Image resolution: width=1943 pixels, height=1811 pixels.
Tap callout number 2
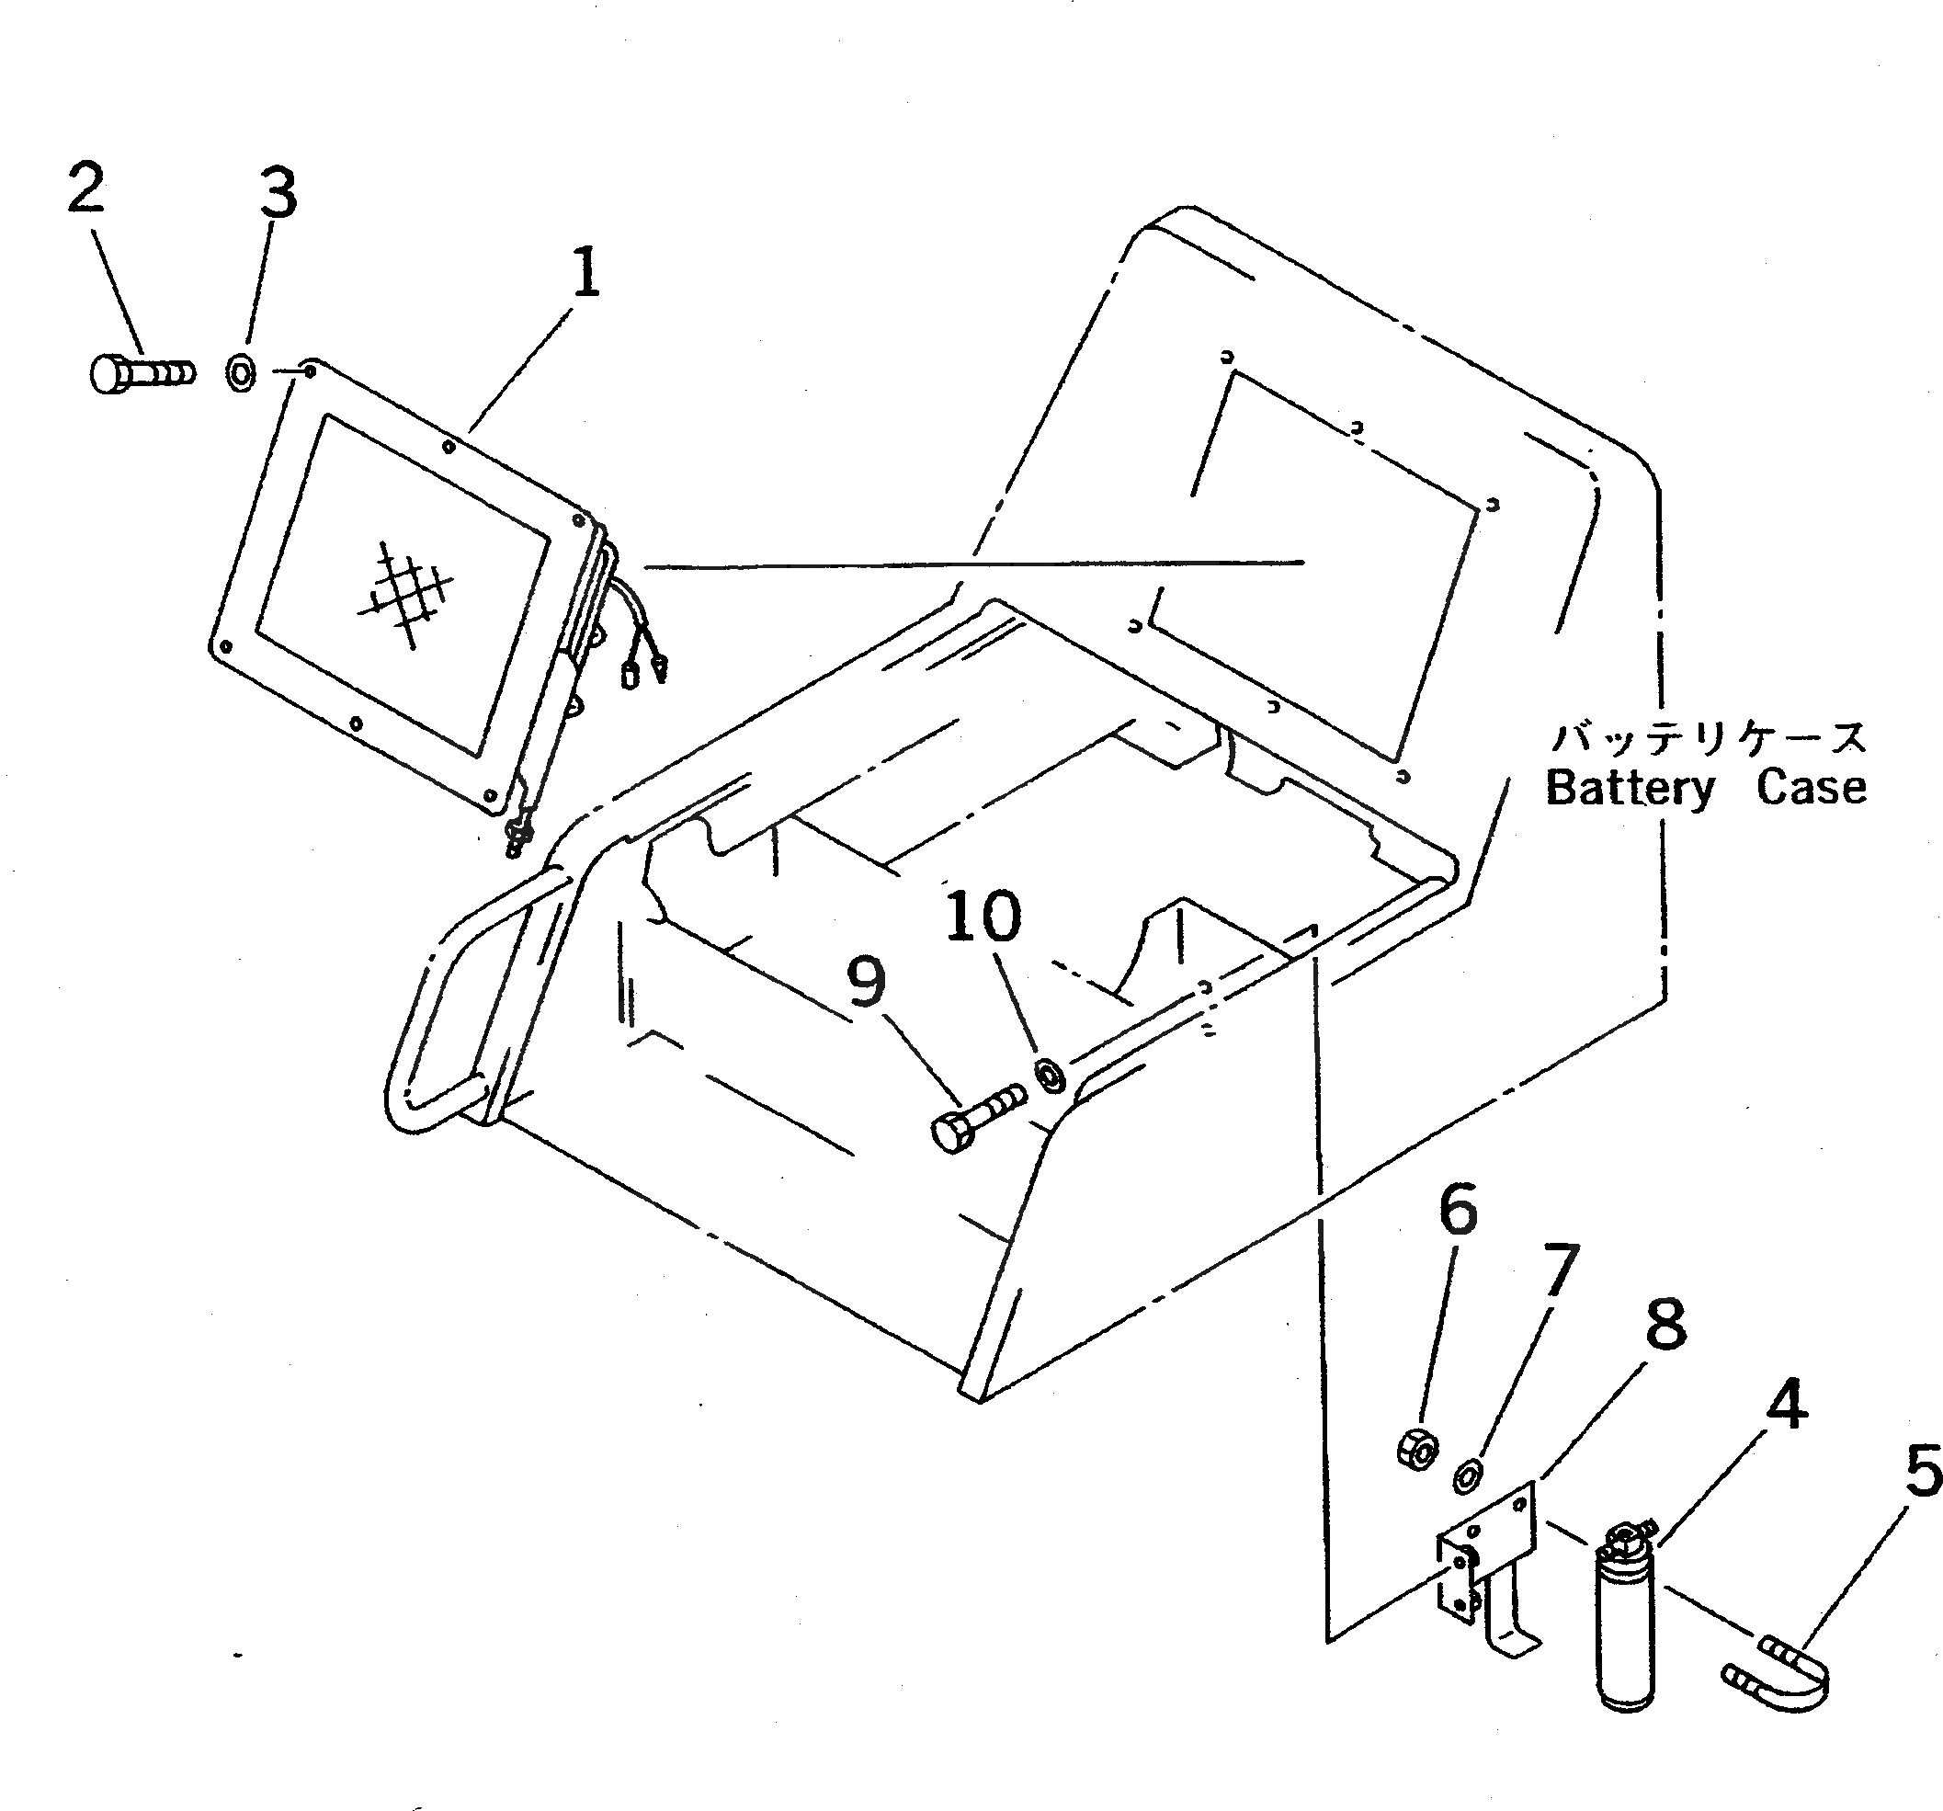coord(86,188)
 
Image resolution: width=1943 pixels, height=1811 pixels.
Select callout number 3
coord(278,194)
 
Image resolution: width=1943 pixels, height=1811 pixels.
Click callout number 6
coord(1459,1209)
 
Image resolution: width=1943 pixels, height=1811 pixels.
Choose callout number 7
coord(1560,1270)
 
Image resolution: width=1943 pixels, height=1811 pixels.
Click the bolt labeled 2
coord(142,373)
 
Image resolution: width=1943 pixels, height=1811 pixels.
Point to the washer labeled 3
coord(241,372)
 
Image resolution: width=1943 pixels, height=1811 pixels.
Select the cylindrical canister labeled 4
coord(1625,1623)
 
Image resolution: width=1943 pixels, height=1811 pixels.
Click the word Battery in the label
coord(1630,788)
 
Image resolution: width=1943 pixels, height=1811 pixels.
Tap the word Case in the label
coord(1811,788)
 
